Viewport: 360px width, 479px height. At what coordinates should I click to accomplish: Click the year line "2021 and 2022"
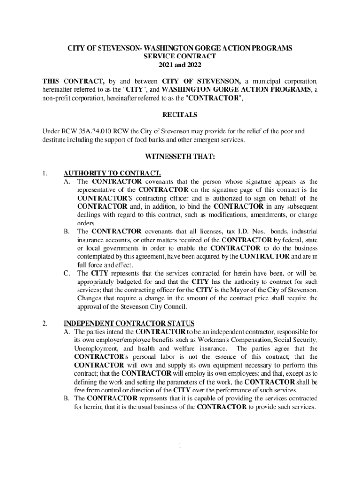[x=180, y=64]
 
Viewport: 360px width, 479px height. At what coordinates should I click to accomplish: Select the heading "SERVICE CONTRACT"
[x=180, y=56]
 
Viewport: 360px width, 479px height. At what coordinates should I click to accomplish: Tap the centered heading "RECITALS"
[x=180, y=115]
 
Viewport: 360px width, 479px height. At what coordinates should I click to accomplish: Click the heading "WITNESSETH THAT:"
[x=180, y=157]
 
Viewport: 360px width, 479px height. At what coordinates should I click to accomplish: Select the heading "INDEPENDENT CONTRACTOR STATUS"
[x=129, y=323]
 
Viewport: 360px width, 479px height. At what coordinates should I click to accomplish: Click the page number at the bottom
[x=180, y=445]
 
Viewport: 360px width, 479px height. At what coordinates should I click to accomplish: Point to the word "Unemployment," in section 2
[x=95, y=348]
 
